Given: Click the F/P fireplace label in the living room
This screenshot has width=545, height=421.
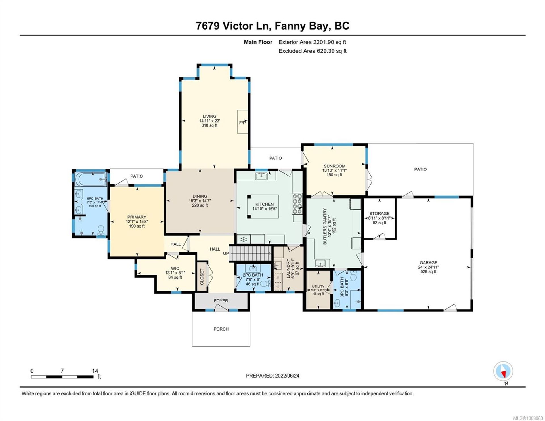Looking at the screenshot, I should tap(242, 123).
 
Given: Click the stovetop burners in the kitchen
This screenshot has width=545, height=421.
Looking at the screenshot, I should tap(297, 203).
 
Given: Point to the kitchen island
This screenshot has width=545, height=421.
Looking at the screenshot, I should tap(263, 206).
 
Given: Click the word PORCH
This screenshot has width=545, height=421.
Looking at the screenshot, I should tap(221, 329).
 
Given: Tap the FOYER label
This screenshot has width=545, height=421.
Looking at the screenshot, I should tap(221, 301).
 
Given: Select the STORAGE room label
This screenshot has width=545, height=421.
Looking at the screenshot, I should tap(379, 214).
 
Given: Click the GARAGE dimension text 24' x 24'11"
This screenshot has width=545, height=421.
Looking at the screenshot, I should tap(428, 267).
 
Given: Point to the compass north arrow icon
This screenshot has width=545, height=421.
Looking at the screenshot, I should tap(503, 371).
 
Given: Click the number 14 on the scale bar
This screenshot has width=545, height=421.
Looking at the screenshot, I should tap(95, 371).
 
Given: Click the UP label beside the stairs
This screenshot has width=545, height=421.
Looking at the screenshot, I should tap(226, 253).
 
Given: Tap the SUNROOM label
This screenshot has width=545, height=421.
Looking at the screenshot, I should tap(334, 166).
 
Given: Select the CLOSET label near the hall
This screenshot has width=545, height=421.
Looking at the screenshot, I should tap(202, 277).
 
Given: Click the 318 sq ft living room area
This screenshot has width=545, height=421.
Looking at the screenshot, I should tap(209, 125).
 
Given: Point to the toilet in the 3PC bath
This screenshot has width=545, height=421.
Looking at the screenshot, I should tap(353, 276).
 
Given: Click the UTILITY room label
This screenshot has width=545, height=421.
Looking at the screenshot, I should tap(318, 287).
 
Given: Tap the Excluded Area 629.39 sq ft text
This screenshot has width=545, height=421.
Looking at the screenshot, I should tap(312, 51).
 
